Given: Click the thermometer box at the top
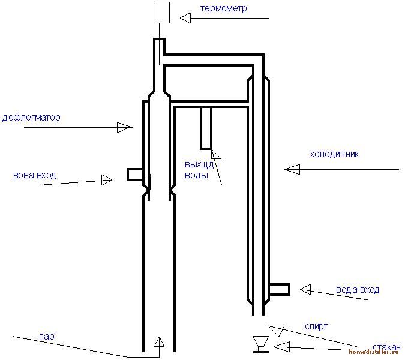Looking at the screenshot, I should pyautogui.click(x=160, y=13).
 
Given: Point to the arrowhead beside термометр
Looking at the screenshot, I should pyautogui.click(x=187, y=19).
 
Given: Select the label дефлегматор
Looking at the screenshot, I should pyautogui.click(x=31, y=118).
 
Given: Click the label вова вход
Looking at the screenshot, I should pyautogui.click(x=35, y=175).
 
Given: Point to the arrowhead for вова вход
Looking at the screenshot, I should pyautogui.click(x=107, y=179).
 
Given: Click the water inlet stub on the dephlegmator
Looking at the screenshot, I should pyautogui.click(x=135, y=175).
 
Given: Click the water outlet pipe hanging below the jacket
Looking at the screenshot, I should pyautogui.click(x=206, y=128).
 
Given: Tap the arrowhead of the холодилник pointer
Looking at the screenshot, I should pyautogui.click(x=292, y=170).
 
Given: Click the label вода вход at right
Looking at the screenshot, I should pyautogui.click(x=358, y=290).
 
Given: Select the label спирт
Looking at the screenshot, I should pyautogui.click(x=316, y=326).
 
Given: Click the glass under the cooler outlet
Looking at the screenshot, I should pyautogui.click(x=260, y=344).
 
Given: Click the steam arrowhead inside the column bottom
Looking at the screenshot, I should pyautogui.click(x=159, y=342).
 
